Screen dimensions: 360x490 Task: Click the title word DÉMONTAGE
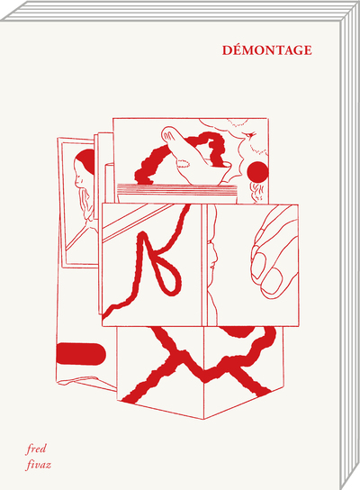point(267,50)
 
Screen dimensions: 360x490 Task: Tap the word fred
point(36,449)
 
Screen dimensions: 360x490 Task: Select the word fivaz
point(38,465)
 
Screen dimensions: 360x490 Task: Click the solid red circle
point(257,172)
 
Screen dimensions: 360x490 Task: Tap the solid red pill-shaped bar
point(81,354)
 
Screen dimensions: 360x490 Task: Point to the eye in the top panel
point(250,135)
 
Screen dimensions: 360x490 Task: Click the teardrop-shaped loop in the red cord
point(168,274)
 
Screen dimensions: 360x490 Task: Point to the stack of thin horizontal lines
point(177,189)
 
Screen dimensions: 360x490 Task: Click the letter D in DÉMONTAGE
point(227,50)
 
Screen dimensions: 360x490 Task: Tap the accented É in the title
point(238,50)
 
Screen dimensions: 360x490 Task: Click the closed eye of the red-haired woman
point(80,179)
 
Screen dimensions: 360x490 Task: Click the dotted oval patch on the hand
point(184,163)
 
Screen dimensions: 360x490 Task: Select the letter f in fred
point(29,449)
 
